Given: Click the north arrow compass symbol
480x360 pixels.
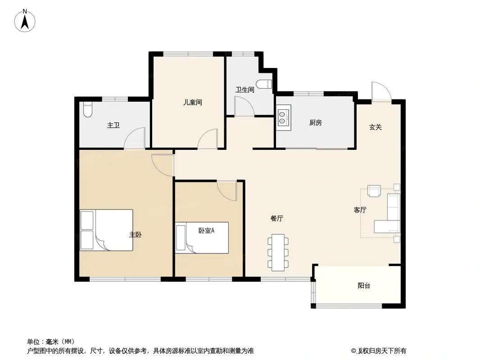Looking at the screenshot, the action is pyautogui.click(x=25, y=21).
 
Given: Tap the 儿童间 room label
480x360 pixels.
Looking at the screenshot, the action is pyautogui.click(x=193, y=102).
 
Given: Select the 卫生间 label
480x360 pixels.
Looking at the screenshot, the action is pyautogui.click(x=245, y=90).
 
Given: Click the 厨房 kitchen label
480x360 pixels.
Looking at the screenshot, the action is pyautogui.click(x=315, y=123).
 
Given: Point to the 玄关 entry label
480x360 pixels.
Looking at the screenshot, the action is pyautogui.click(x=375, y=127).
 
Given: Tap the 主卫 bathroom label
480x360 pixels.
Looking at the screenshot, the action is pyautogui.click(x=113, y=125).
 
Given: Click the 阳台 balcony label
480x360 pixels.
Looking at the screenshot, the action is pyautogui.click(x=364, y=286).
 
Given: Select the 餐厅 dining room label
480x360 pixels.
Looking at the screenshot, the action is pyautogui.click(x=277, y=218).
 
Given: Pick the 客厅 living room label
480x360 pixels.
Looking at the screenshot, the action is pyautogui.click(x=360, y=210).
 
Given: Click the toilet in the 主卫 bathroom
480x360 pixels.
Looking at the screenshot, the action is pyautogui.click(x=87, y=109).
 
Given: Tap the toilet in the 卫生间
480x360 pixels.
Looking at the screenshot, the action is pyautogui.click(x=264, y=84).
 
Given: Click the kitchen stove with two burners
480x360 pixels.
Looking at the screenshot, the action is pyautogui.click(x=284, y=118).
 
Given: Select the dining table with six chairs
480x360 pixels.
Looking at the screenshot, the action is pyautogui.click(x=278, y=252).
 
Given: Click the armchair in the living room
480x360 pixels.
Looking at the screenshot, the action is pyautogui.click(x=374, y=191).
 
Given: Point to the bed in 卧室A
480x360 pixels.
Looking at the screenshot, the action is pyautogui.click(x=202, y=238).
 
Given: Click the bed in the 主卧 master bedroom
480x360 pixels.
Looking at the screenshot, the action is pyautogui.click(x=106, y=230).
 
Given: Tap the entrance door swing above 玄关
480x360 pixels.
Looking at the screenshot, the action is pyautogui.click(x=381, y=91).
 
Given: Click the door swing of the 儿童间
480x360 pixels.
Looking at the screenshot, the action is pyautogui.click(x=208, y=139).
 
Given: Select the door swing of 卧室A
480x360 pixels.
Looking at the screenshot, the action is pyautogui.click(x=227, y=190).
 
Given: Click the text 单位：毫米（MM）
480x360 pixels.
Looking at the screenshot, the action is pyautogui.click(x=51, y=342).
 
